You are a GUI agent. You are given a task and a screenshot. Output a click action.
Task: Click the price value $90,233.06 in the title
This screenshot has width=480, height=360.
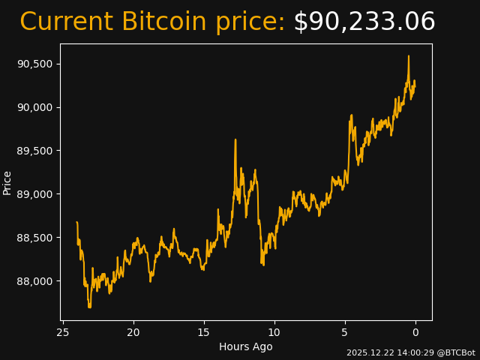[x=364, y=22]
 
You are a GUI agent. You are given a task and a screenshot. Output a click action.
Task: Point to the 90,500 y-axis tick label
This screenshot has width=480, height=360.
[x=34, y=64]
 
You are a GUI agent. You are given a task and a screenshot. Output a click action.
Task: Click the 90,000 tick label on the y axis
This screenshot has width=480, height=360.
[x=34, y=107]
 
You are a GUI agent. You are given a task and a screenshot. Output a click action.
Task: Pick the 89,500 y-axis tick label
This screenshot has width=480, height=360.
[x=34, y=151]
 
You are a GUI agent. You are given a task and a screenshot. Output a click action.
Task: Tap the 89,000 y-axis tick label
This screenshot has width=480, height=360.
[x=34, y=194]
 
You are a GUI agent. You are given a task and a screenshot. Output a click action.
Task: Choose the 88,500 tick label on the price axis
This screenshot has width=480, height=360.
[x=34, y=238]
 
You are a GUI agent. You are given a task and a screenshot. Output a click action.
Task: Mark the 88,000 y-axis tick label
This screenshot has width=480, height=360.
[x=34, y=281]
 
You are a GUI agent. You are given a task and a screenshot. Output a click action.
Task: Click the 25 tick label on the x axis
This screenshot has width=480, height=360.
[x=63, y=332]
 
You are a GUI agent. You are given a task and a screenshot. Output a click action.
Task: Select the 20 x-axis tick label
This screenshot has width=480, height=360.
[x=133, y=332]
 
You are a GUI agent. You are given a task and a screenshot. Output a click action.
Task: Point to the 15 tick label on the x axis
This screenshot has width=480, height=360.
[x=204, y=332]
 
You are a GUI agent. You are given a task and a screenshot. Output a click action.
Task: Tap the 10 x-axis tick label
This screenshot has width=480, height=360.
[x=274, y=332]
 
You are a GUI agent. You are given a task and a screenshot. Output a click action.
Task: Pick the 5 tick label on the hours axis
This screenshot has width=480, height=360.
[x=345, y=332]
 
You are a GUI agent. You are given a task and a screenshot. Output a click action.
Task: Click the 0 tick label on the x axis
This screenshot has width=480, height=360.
[x=415, y=332]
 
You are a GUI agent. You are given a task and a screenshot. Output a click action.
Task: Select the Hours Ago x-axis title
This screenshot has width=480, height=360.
[x=246, y=346]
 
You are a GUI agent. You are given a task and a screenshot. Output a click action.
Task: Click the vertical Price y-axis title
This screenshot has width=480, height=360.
[x=7, y=182]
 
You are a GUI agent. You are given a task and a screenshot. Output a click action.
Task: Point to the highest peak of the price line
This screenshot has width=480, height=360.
[x=409, y=55]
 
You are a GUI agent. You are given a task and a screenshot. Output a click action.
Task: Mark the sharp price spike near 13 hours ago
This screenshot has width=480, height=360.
[x=235, y=139]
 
